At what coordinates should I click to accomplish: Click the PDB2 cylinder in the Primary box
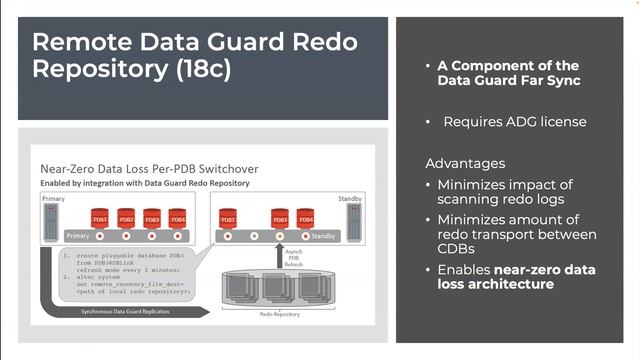[x=126, y=217]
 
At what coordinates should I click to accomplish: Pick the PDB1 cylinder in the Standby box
[x=228, y=217]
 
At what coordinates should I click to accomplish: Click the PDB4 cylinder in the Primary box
[x=177, y=217]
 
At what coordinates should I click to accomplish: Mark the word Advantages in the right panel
[x=464, y=163]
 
